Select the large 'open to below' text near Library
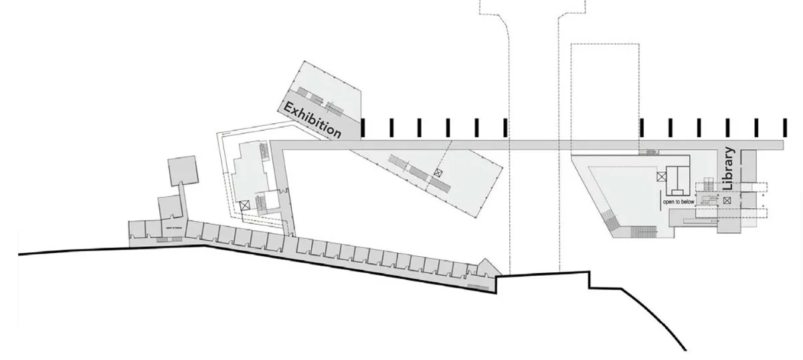[x=679, y=201]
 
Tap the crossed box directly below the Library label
[x=727, y=199]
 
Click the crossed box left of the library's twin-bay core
[x=661, y=177]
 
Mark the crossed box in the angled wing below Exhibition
[x=438, y=173]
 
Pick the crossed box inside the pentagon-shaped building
[x=244, y=206]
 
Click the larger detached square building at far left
[x=182, y=171]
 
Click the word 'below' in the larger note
[x=687, y=201]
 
